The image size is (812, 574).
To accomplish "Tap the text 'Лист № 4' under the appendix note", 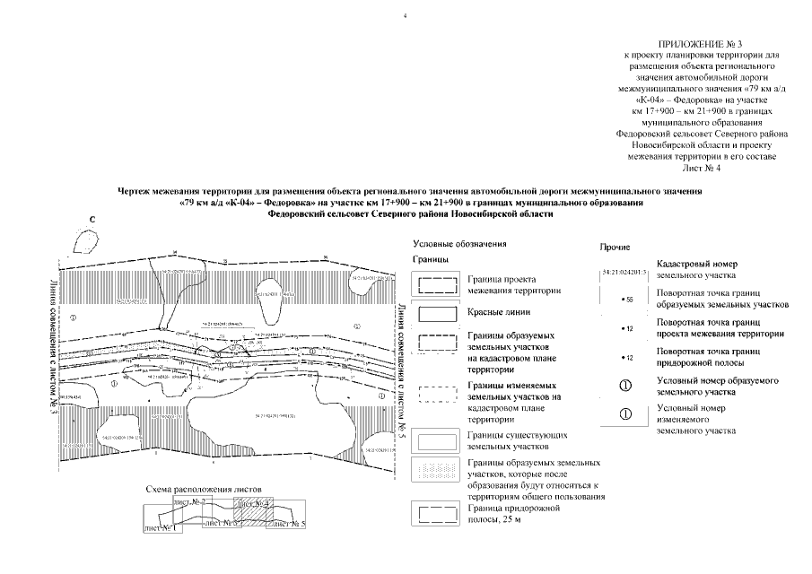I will [701, 167].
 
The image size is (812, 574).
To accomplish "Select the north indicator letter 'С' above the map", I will [92, 219].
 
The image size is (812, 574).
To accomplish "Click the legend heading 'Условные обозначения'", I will [459, 243].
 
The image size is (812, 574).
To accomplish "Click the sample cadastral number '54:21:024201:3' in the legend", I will [624, 270].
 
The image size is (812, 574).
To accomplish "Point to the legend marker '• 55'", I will [626, 300].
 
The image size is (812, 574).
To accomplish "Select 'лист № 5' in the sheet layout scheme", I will [289, 522].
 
